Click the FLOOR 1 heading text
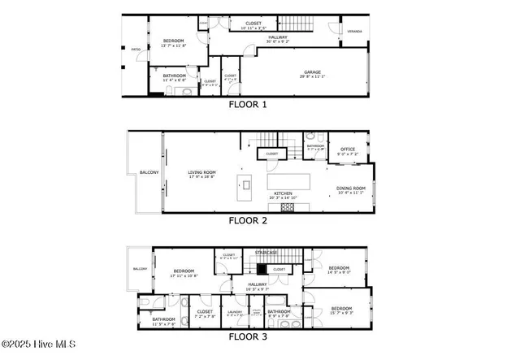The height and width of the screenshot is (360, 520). click(x=248, y=104)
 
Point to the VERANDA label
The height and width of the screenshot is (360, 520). click(x=354, y=32)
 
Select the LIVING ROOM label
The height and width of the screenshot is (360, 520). click(x=201, y=172)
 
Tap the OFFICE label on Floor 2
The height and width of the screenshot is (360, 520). click(x=349, y=149)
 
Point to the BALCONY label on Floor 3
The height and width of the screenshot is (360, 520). click(x=140, y=268)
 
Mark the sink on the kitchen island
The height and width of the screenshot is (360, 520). click(x=245, y=184)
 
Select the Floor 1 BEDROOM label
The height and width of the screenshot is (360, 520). click(x=174, y=41)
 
